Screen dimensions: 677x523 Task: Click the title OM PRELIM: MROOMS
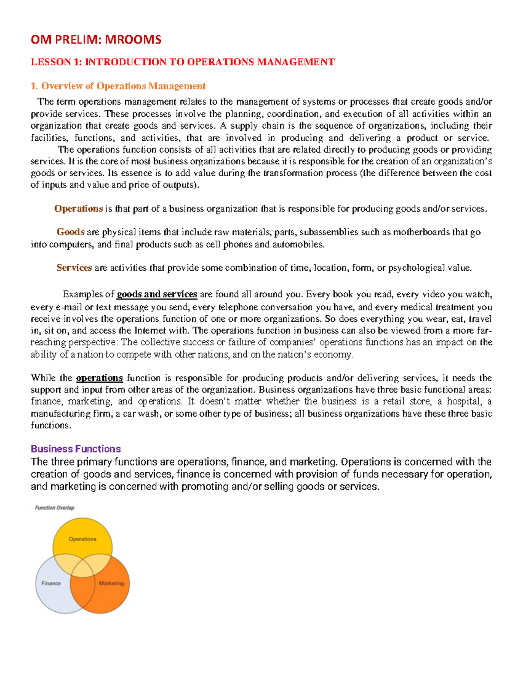click(x=96, y=40)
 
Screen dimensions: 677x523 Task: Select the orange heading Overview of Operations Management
click(x=123, y=86)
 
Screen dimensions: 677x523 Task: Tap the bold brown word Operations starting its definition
click(x=78, y=208)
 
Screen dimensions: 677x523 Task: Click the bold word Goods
click(x=70, y=232)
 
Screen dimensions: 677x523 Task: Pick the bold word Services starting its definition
click(x=74, y=268)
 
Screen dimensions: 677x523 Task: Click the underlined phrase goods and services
click(x=157, y=294)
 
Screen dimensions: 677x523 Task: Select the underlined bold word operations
click(x=99, y=378)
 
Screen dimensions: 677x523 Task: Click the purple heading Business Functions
click(x=76, y=449)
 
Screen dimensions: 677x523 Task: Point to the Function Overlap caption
click(x=55, y=507)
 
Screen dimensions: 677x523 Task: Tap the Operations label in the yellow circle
click(x=82, y=539)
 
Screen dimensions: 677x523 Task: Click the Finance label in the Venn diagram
click(x=51, y=583)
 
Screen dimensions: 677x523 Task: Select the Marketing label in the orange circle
click(x=111, y=583)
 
